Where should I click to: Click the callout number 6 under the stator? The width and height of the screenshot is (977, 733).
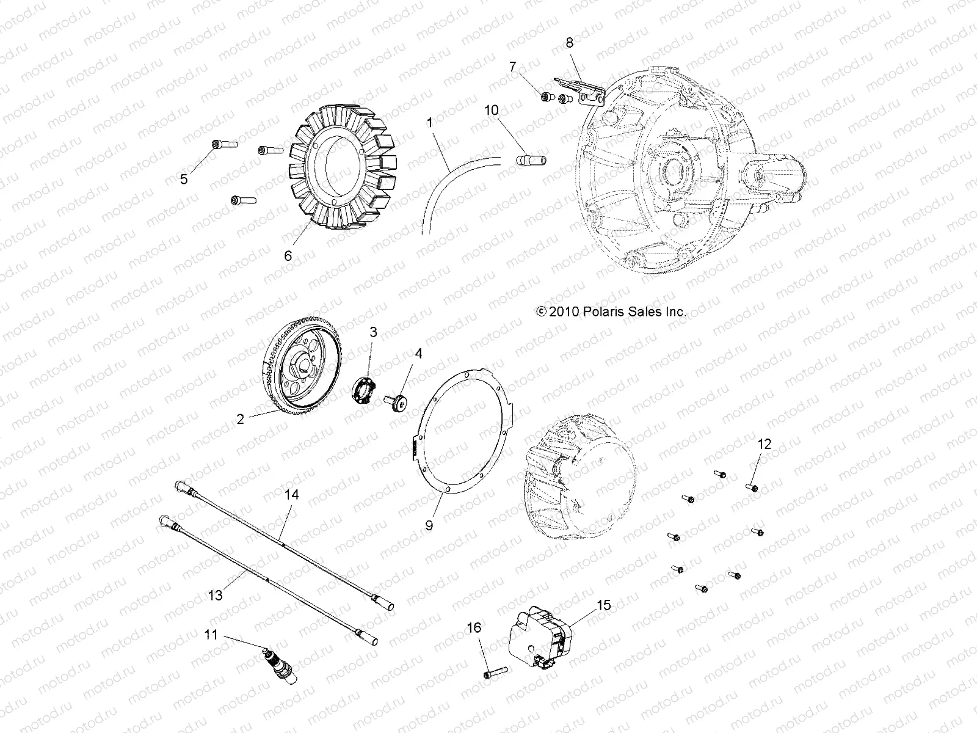point(288,255)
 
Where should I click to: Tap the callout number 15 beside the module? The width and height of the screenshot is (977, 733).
point(603,605)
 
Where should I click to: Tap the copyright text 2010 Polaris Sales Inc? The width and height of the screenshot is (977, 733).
point(611,312)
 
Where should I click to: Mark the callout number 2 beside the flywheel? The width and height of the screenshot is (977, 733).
point(241,419)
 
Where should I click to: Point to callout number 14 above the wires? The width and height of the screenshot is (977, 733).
point(292,495)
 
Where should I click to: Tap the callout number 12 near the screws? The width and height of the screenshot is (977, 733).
point(765,444)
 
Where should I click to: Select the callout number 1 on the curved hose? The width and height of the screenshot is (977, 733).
point(430,123)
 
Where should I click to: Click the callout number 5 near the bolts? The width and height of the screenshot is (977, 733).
point(183,179)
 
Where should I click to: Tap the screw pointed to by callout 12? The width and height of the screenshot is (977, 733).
point(752,487)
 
